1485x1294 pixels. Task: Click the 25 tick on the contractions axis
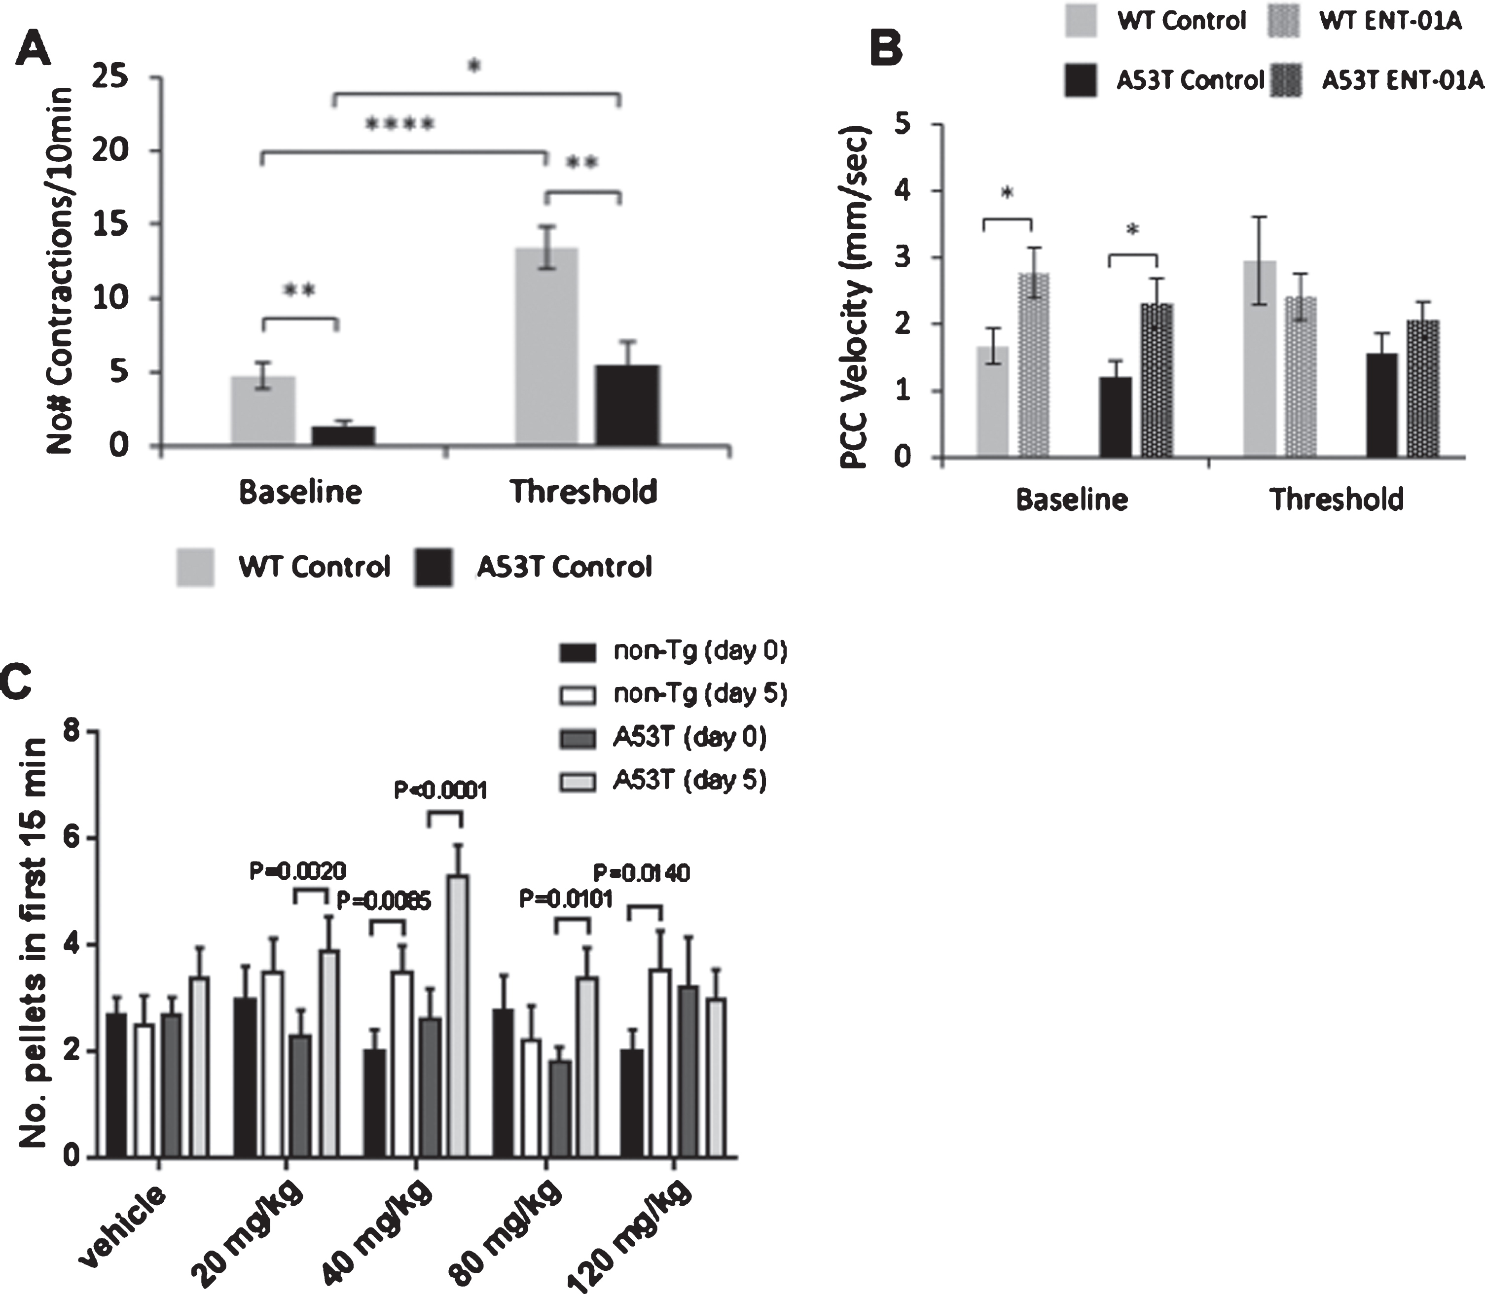(x=111, y=77)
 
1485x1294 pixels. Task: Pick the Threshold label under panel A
(x=583, y=492)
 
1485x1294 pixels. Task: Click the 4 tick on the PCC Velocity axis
(x=904, y=191)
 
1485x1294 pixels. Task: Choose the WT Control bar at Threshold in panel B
(x=1260, y=359)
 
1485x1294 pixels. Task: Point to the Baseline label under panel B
(x=1072, y=499)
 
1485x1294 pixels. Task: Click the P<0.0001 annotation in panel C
(x=440, y=790)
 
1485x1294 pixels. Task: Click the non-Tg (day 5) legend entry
(x=672, y=694)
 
